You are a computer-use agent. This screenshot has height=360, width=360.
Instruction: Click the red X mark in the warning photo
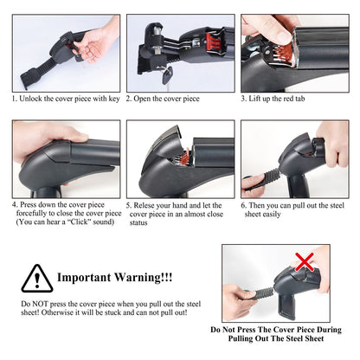pos(305,262)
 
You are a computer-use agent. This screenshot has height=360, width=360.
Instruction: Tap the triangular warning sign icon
pos(37,279)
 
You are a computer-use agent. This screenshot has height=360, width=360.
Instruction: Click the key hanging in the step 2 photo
pos(167,76)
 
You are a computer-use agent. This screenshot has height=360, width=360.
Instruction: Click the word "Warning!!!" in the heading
pos(143,277)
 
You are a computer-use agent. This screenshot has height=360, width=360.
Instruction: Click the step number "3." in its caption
pos(244,99)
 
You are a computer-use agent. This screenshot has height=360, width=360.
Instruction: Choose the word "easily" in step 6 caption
pos(272,215)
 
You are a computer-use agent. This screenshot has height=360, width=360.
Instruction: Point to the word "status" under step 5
pos(138,222)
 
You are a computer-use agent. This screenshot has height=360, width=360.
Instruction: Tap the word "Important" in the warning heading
pos(84,277)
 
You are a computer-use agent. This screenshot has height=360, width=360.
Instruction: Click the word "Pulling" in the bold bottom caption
pos(241,338)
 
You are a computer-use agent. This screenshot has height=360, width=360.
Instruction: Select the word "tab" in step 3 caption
pos(299,99)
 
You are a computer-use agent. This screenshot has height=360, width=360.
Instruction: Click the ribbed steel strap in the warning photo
pos(263,293)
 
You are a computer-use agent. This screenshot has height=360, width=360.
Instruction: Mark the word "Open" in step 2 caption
pos(142,99)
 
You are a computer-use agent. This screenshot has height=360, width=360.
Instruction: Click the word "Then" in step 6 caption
pos(256,205)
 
